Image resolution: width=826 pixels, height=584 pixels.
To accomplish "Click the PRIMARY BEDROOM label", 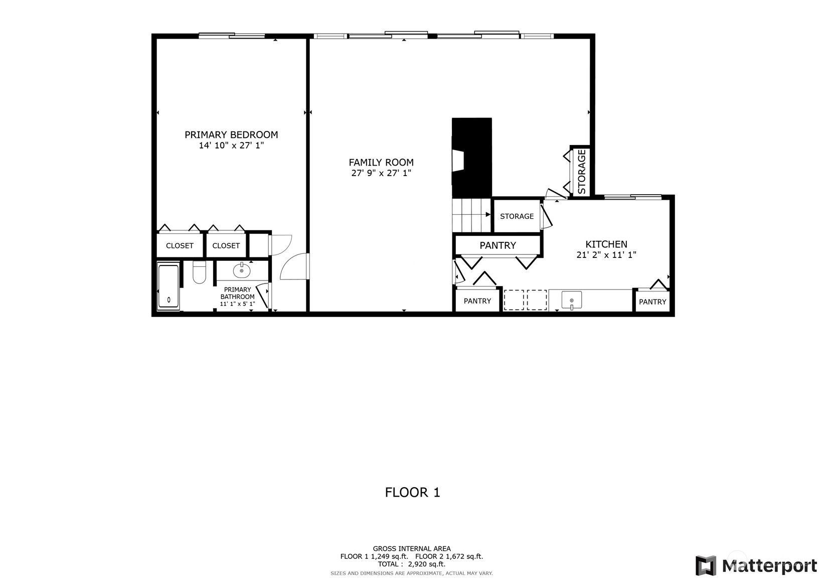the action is pos(231,134).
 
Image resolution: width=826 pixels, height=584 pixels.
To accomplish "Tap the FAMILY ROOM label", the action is pos(381,163).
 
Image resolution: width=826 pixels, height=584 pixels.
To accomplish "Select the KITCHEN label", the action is pos(606,244).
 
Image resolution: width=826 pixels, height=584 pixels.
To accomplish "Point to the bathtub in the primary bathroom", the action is pos(169,286).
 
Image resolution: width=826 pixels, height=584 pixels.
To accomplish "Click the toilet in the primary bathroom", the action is pos(199,272).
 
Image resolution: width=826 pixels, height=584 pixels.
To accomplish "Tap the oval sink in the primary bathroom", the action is pos(242,271).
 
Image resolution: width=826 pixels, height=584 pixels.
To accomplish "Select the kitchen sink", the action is pos(572,300).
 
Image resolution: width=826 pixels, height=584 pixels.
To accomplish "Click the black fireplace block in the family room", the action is pos(472,158).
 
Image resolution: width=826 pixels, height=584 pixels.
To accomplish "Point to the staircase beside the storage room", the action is pos(471,215).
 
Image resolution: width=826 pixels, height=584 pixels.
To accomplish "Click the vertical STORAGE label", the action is pos(582,172).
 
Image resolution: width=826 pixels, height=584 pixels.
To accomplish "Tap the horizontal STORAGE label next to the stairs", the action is pos(517,216).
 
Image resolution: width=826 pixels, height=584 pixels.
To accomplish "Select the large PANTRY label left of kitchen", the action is pos(498,245).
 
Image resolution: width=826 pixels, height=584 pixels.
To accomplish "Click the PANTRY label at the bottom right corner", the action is pos(652,302).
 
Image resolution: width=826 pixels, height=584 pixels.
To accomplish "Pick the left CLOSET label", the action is pos(180,246).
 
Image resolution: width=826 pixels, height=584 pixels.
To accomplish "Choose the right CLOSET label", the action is pos(226,246).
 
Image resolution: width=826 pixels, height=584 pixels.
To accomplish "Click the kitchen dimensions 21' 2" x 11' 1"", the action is pos(606,255).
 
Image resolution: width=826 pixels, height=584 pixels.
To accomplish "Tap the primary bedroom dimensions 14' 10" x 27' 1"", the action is pos(231,145).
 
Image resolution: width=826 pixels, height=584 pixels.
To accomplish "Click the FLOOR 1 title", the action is pos(413,492).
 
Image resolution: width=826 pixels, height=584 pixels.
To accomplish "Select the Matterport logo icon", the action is pos(706,565).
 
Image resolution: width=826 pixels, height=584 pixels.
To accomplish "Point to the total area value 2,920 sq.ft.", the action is pos(427,564).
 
